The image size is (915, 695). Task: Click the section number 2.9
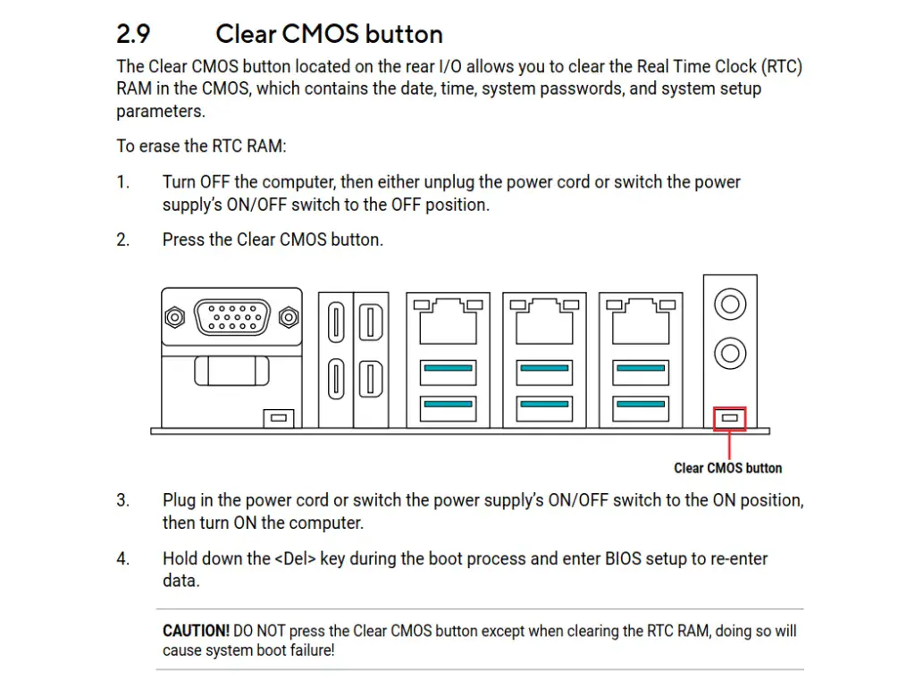coord(133,34)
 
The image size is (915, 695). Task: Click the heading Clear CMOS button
coord(329,34)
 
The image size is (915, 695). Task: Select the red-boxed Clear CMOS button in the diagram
coord(731,418)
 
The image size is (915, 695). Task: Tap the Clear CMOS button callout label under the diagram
coord(727,468)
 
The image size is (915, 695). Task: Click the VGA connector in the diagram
coord(232,317)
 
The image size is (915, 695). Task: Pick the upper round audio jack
coord(731,305)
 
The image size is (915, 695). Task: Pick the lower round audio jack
coord(731,352)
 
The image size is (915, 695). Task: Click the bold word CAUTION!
coord(196,631)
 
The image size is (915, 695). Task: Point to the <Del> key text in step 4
coord(295,559)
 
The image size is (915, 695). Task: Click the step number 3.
coord(122,500)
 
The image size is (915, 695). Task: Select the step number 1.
coord(122,182)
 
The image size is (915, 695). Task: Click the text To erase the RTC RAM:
coord(201,147)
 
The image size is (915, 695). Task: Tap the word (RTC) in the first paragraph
coord(784,66)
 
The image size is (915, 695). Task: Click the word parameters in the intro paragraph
coord(161,112)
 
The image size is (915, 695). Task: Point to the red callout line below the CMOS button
coord(731,445)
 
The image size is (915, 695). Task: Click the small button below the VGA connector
coord(277,417)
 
